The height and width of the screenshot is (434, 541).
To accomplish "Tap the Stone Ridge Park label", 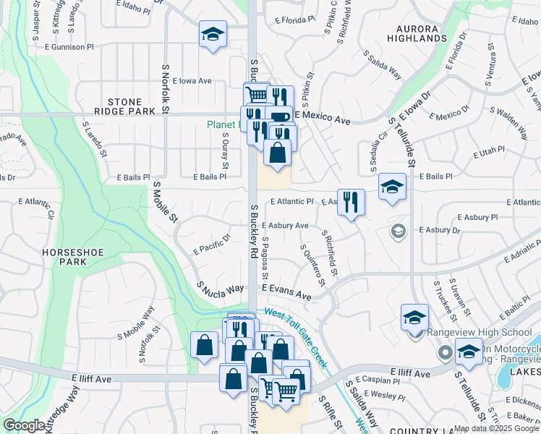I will point(131,107).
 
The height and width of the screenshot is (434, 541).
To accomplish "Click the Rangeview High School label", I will point(480,332).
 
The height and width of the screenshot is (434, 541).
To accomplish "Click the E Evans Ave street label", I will point(286,292).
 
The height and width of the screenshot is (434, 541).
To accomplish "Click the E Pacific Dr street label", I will point(212,244).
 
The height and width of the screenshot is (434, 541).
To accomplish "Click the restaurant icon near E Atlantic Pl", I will point(351,202).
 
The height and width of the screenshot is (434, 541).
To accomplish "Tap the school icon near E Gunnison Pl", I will point(213,35).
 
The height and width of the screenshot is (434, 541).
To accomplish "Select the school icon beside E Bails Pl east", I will point(393,187).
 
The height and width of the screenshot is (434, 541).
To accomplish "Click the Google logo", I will point(25,426).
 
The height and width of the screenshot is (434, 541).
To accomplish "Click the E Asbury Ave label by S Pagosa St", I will point(285,226).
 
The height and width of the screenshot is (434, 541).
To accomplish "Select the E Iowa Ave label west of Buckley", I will point(187,81).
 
